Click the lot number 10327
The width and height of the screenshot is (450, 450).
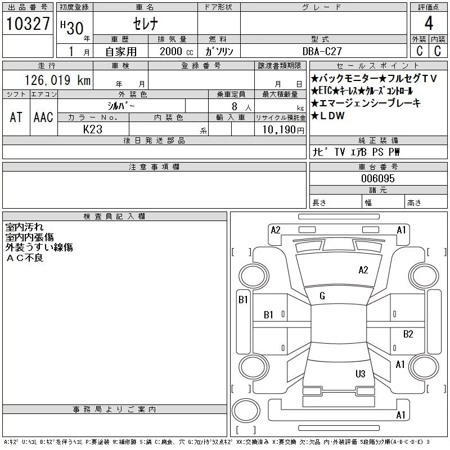[x=28, y=24]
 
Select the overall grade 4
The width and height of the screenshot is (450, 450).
[x=429, y=23]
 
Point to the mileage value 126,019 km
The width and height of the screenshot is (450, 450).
[x=57, y=80]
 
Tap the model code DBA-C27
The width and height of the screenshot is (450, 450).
[x=322, y=51]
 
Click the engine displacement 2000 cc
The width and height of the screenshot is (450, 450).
[x=176, y=51]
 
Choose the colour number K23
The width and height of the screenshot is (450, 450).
[x=93, y=129]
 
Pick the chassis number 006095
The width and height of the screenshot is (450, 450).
[x=377, y=178]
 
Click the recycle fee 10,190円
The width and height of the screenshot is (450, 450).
[x=283, y=130]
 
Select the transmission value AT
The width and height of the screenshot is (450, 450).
[x=16, y=117]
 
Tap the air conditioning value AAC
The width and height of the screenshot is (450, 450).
[x=43, y=117]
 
